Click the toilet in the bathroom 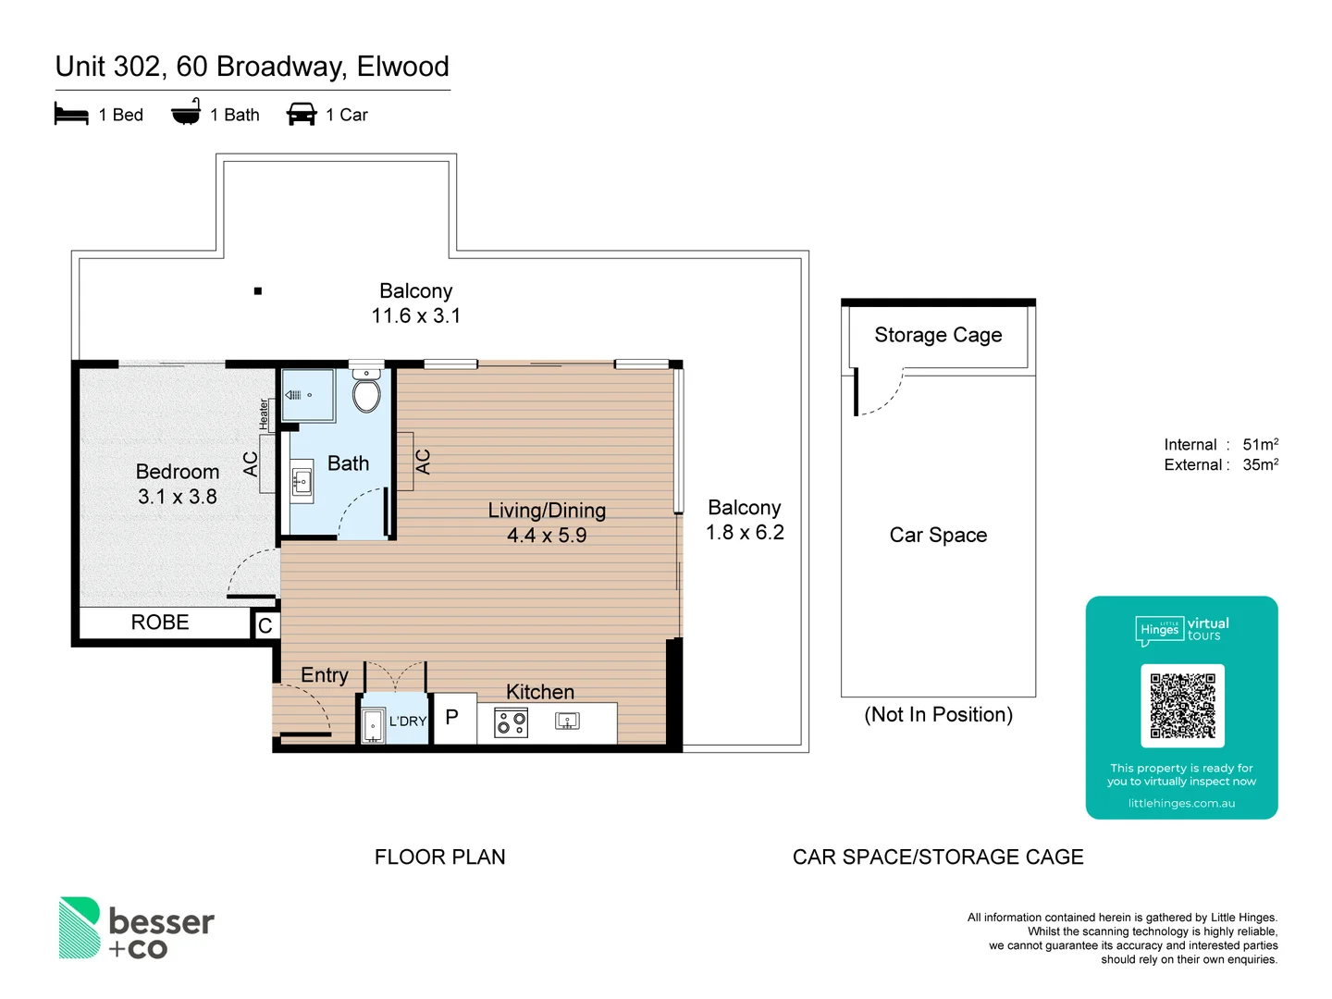[x=367, y=393]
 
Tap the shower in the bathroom [x=308, y=395]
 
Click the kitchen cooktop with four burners [x=512, y=722]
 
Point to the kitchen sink [x=567, y=721]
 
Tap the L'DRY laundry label [x=407, y=721]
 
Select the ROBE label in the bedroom [x=160, y=623]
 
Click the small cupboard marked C [x=265, y=626]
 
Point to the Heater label [x=264, y=413]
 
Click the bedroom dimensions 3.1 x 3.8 [x=178, y=497]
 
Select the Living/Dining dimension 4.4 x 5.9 [x=547, y=536]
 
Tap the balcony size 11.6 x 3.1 [x=416, y=316]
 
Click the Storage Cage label [x=938, y=335]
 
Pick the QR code [x=1182, y=706]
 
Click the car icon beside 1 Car [x=302, y=115]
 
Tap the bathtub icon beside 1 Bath [x=186, y=113]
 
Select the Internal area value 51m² [x=1260, y=445]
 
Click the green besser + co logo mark [x=80, y=927]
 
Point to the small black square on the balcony [x=258, y=291]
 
